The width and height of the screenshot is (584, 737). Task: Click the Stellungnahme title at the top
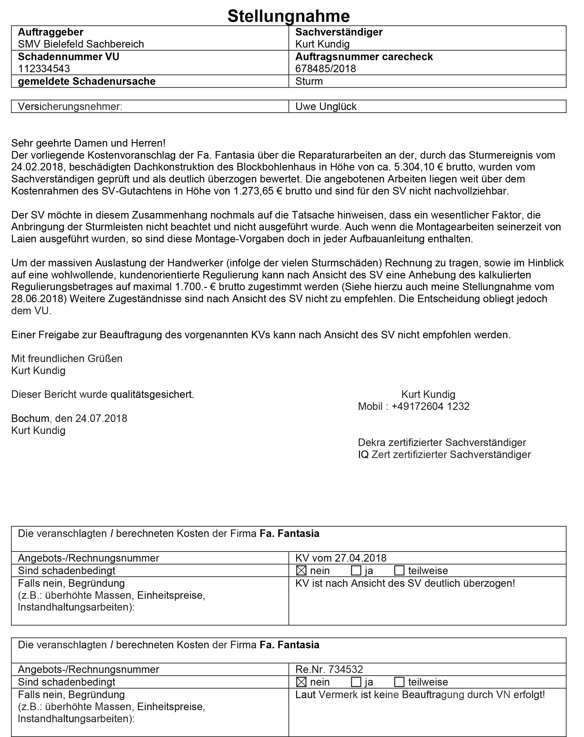tap(288, 16)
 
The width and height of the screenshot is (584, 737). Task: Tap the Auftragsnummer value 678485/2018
tap(325, 69)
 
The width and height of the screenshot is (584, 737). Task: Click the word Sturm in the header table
tap(309, 81)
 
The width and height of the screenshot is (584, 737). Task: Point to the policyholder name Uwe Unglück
tap(325, 107)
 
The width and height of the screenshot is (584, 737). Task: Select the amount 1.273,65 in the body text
tap(253, 191)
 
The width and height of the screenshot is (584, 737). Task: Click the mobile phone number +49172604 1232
tap(430, 407)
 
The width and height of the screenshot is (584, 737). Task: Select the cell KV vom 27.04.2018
tap(340, 558)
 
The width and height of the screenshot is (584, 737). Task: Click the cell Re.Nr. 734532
tap(329, 669)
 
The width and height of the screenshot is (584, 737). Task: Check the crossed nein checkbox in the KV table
tap(301, 570)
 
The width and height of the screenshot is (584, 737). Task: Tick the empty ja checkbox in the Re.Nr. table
tap(356, 682)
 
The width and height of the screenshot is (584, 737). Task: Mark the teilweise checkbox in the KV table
tap(399, 570)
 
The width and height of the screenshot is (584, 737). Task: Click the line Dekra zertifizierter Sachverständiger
tap(442, 443)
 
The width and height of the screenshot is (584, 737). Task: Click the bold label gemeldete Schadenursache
tap(86, 81)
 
